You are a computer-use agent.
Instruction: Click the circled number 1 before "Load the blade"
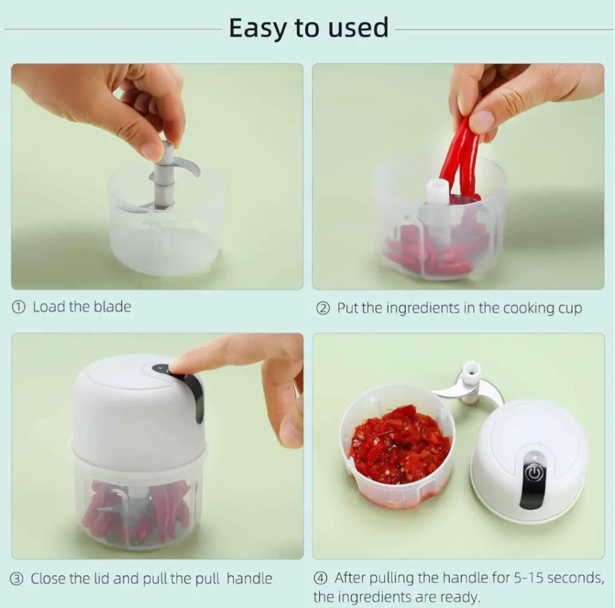18,307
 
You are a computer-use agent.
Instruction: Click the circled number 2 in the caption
323,309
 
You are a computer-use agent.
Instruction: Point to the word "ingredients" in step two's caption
423,309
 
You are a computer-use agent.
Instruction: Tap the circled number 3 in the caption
16,579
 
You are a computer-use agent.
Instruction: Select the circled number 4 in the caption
321,578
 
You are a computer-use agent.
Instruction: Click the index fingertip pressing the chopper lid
177,367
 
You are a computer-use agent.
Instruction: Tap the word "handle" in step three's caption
249,579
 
